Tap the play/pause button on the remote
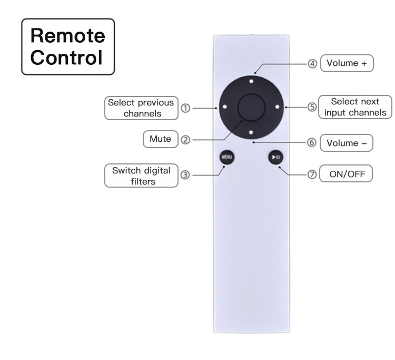pos(276,157)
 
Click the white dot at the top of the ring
pos(252,81)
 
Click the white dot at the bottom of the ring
pos(252,132)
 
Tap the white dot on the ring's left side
pos(225,107)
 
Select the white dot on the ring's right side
pos(278,107)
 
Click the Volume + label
pos(347,63)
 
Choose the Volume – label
pos(347,143)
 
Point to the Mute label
pos(161,139)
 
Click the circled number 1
pos(185,108)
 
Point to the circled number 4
pos(312,63)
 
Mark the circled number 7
pos(312,174)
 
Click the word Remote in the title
pos(67,36)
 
